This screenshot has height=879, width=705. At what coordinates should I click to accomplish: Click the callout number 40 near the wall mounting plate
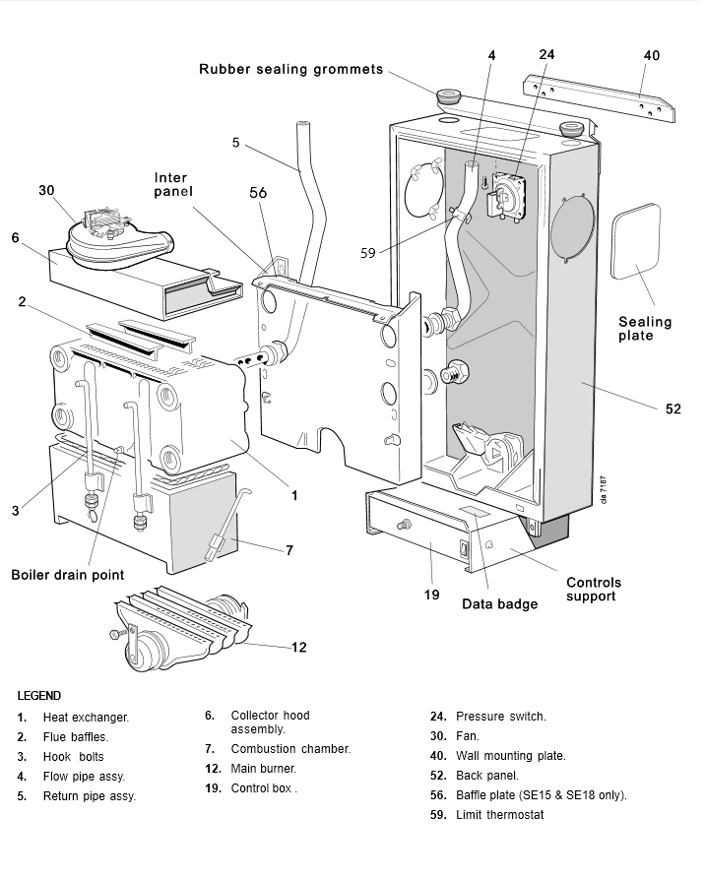click(651, 56)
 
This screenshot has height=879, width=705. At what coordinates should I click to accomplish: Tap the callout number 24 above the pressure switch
click(547, 54)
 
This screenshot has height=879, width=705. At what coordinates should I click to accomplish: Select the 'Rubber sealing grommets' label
click(290, 69)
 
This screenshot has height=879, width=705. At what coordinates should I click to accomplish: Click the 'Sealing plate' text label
click(645, 329)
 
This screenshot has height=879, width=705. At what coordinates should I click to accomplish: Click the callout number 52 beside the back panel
click(673, 408)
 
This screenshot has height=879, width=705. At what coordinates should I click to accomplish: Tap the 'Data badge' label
click(500, 603)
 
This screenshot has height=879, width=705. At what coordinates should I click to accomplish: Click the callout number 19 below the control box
click(431, 596)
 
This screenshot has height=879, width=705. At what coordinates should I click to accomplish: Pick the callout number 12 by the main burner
click(298, 647)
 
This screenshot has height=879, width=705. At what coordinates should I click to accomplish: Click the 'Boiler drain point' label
click(68, 575)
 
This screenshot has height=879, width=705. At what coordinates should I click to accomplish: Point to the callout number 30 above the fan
click(47, 189)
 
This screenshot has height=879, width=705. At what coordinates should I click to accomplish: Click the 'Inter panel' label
click(172, 184)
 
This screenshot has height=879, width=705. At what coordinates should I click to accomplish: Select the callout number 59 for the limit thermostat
click(368, 253)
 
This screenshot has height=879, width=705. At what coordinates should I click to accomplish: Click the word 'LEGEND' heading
click(39, 695)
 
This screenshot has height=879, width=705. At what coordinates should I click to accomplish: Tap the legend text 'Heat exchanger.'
click(86, 718)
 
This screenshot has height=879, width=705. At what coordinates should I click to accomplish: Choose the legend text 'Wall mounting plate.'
click(510, 756)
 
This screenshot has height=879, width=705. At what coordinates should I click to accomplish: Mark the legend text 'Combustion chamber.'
click(290, 749)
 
